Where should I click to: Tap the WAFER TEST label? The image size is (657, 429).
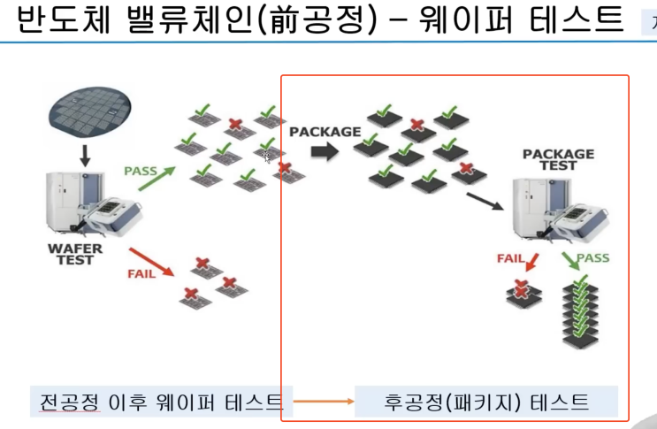tap(75, 255)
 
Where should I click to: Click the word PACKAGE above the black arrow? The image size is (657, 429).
tap(325, 132)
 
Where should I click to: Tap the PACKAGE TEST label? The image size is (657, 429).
tap(558, 159)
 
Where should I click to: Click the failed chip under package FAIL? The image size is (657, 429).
tap(523, 294)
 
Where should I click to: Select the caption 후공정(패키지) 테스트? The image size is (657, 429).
tap(486, 402)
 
